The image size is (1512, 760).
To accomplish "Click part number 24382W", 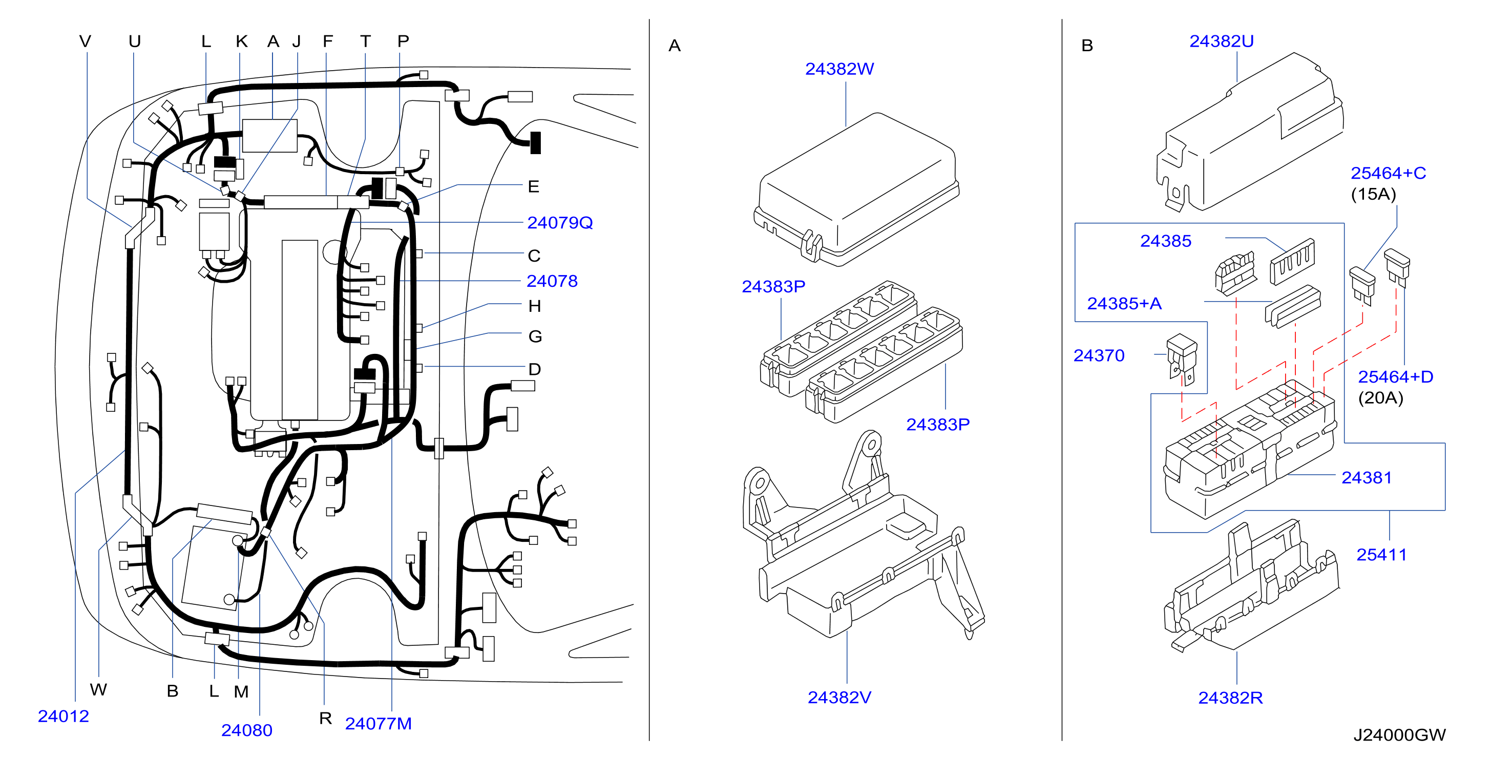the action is (x=839, y=69).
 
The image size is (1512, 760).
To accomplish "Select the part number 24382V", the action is (x=839, y=697).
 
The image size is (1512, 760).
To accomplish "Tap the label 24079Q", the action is (x=560, y=223).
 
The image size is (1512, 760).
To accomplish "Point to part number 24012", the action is (x=64, y=716).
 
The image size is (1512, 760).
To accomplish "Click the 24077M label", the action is (x=378, y=724).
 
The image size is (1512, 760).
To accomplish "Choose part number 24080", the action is (x=246, y=730).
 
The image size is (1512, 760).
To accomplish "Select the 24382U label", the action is (x=1222, y=41).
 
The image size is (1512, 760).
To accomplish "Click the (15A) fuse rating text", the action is (x=1374, y=194).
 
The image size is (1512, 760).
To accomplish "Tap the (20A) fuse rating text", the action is (x=1380, y=398).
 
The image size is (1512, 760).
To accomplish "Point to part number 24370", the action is (x=1099, y=355).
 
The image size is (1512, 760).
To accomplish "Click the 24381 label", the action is (x=1367, y=478).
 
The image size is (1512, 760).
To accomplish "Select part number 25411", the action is (x=1382, y=555).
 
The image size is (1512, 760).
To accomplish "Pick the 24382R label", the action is (x=1230, y=698).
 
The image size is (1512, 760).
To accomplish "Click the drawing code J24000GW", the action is (x=1399, y=735).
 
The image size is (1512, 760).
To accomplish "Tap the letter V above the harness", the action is (x=85, y=41).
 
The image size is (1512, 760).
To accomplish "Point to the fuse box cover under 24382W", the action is (x=856, y=189).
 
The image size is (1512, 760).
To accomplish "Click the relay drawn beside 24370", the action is (x=1182, y=359).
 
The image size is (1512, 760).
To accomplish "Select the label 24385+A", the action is (x=1124, y=303).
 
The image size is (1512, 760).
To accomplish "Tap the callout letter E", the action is (x=533, y=186).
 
